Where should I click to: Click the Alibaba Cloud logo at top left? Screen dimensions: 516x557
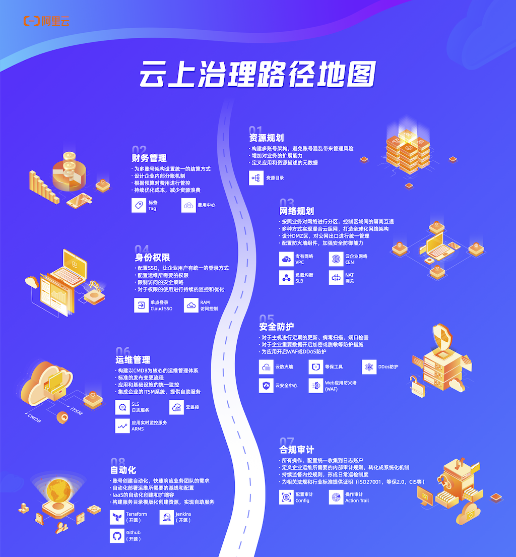(x=46, y=21)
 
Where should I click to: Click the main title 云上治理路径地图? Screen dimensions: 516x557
(x=257, y=75)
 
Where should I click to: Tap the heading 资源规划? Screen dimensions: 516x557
(x=266, y=138)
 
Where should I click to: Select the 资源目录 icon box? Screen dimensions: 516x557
(x=256, y=178)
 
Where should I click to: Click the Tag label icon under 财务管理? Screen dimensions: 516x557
(x=139, y=205)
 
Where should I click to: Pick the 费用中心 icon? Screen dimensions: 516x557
(x=188, y=205)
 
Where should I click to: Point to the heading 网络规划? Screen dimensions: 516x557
(x=296, y=211)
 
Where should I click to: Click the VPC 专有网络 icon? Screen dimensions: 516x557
(x=286, y=259)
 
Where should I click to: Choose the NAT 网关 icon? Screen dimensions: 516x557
(x=336, y=277)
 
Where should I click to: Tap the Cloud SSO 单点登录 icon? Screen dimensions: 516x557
(x=141, y=305)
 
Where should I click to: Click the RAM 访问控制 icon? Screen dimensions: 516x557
(x=191, y=305)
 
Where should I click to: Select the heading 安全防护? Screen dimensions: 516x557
(x=276, y=326)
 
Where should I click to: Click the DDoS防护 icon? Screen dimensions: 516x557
(x=369, y=367)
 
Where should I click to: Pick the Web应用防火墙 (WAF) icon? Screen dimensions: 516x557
(x=315, y=386)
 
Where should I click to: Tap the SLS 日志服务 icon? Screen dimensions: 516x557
(x=122, y=407)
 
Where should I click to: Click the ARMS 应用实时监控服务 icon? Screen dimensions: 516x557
(x=122, y=426)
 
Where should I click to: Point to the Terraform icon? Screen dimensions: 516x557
(x=117, y=517)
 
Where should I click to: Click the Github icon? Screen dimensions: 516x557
(x=117, y=536)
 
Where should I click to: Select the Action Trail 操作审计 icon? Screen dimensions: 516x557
(x=336, y=498)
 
